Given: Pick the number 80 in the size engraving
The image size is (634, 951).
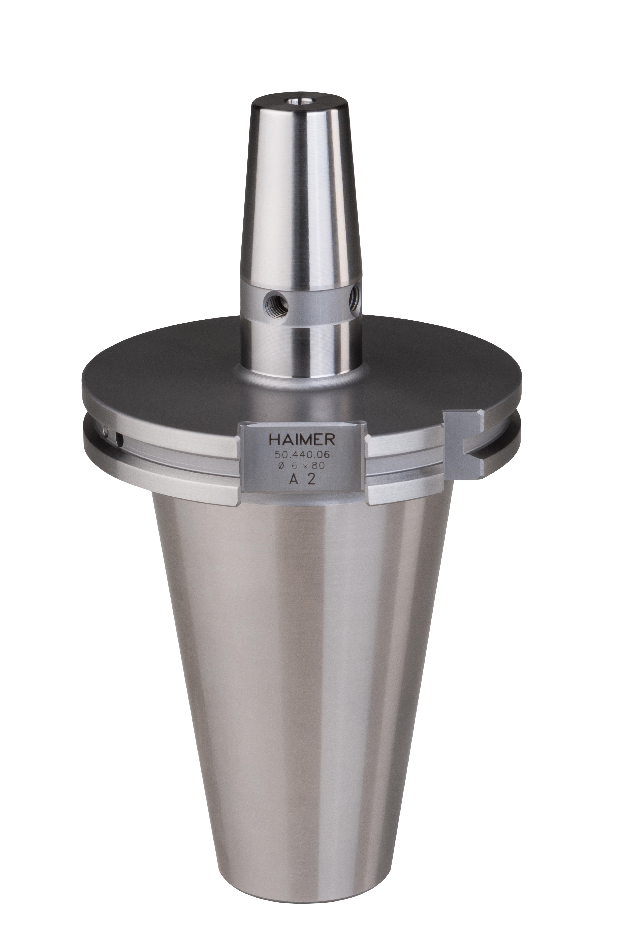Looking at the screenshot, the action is (x=319, y=466).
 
